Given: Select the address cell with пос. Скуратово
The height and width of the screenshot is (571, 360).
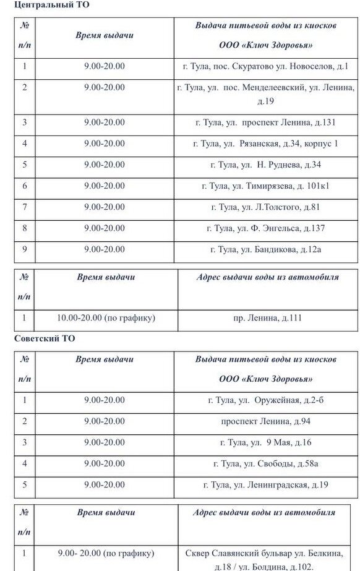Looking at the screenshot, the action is pyautogui.click(x=265, y=66).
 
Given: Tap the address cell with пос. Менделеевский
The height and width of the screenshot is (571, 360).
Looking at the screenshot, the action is pyautogui.click(x=265, y=94).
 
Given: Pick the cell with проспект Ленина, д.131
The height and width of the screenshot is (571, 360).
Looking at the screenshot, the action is pyautogui.click(x=265, y=122).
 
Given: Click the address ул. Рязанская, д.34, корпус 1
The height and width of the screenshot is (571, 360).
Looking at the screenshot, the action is pyautogui.click(x=265, y=144).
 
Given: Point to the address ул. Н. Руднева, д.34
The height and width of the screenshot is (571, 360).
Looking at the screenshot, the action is pyautogui.click(x=265, y=165).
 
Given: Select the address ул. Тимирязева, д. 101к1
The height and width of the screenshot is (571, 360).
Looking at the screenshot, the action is pyautogui.click(x=265, y=186).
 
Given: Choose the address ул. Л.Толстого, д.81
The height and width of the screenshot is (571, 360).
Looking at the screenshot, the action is pyautogui.click(x=265, y=207).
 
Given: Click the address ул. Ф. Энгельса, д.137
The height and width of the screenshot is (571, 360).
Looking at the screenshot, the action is pyautogui.click(x=265, y=228).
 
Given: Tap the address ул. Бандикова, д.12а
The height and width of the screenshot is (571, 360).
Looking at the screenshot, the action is pyautogui.click(x=265, y=249).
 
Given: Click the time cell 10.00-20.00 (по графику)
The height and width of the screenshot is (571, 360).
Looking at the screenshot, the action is pyautogui.click(x=106, y=318).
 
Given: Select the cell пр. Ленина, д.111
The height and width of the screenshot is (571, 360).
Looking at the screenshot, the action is pyautogui.click(x=267, y=318).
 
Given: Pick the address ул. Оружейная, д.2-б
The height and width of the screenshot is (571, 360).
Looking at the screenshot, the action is pyautogui.click(x=265, y=400).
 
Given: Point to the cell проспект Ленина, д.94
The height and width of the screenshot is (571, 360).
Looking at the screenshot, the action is pyautogui.click(x=265, y=421).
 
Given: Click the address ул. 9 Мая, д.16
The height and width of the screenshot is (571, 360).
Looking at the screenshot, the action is pyautogui.click(x=265, y=442).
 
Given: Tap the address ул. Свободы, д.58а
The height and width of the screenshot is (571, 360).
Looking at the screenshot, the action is pyautogui.click(x=265, y=463).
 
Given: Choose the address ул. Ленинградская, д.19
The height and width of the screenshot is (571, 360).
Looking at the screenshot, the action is pyautogui.click(x=265, y=484).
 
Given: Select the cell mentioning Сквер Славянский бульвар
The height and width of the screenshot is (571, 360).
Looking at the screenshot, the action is pyautogui.click(x=267, y=559).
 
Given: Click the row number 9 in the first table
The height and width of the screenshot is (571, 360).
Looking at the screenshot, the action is pyautogui.click(x=25, y=249).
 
